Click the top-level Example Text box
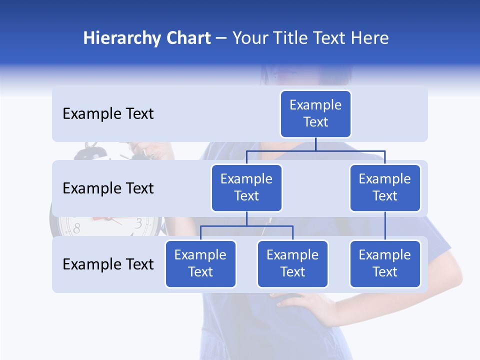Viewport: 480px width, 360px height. (x=315, y=114)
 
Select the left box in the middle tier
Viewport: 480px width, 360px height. (x=246, y=188)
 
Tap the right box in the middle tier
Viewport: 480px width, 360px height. (x=385, y=188)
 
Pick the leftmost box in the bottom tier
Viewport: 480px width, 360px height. (x=200, y=264)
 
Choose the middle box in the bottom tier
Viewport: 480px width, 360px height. (x=292, y=264)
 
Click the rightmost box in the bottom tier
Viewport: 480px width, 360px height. (x=385, y=264)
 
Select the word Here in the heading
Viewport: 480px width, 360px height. (x=370, y=38)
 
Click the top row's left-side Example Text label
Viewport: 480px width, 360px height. (x=108, y=114)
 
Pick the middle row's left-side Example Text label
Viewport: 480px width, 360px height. (x=108, y=188)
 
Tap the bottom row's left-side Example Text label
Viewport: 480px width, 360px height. (x=108, y=264)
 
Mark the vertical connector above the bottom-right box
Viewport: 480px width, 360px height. (x=385, y=226)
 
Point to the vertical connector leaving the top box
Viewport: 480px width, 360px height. (x=315, y=144)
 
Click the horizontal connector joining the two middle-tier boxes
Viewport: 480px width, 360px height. (x=315, y=150)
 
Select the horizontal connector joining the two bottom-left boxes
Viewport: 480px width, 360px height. (x=246, y=226)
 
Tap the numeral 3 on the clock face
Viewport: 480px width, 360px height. (x=139, y=223)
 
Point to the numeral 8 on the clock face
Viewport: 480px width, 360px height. (x=76, y=229)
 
